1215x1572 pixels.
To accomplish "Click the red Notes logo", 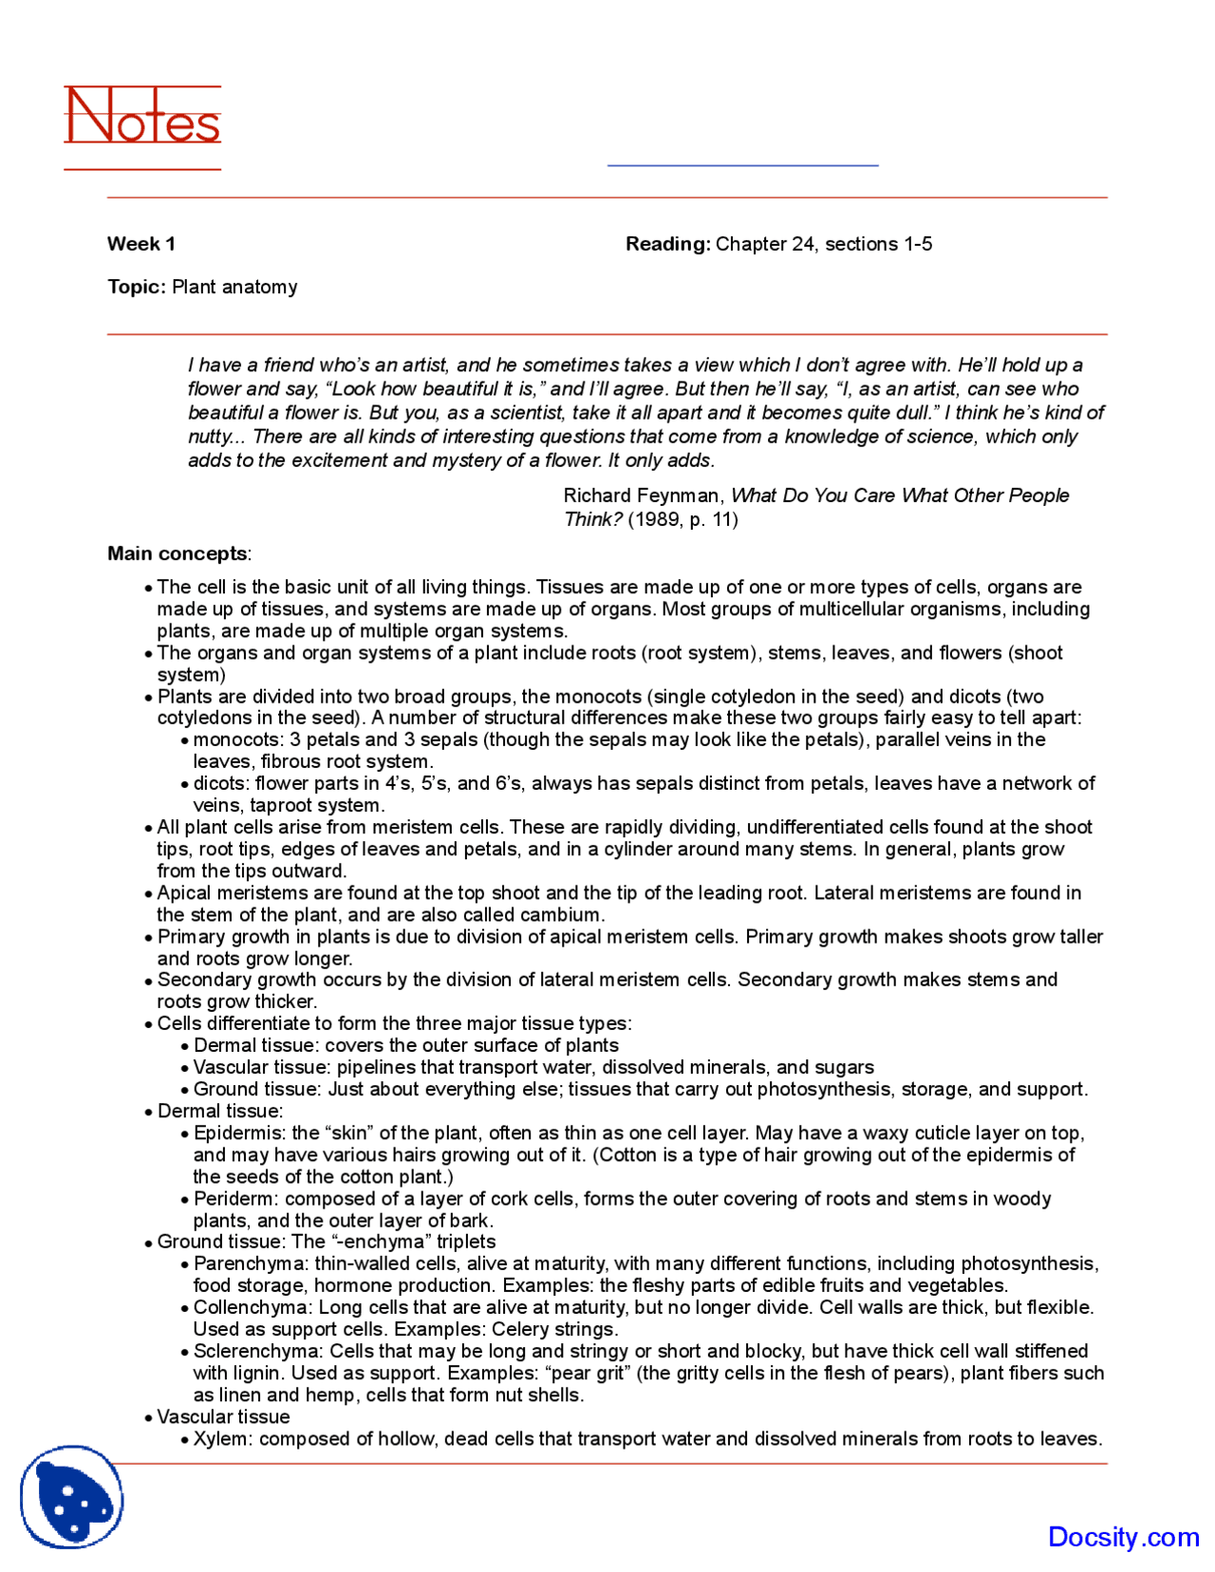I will click(142, 117).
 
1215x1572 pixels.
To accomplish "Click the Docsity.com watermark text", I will click(1123, 1537).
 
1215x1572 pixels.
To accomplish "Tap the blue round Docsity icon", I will click(71, 1497).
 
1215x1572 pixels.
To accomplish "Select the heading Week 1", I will click(141, 244).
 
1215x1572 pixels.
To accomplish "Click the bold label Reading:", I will click(667, 244).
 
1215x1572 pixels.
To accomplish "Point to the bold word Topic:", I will click(137, 287).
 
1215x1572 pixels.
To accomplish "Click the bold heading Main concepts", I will click(178, 553).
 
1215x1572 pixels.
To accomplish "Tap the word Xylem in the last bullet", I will click(221, 1439).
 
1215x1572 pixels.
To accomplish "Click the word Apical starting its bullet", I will click(184, 893).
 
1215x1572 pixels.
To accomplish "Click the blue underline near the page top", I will click(742, 165).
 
